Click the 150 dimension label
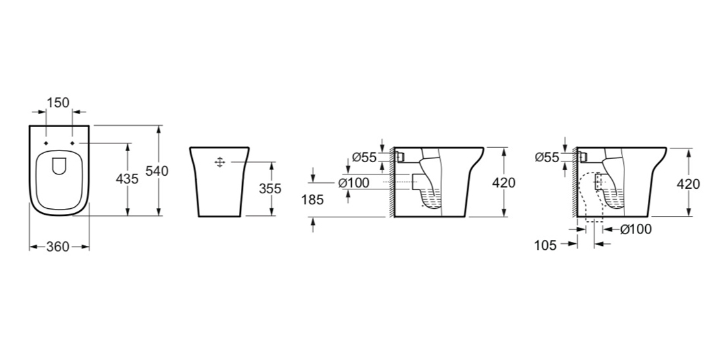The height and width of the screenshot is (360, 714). point(58,103)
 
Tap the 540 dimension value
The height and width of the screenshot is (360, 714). point(156,171)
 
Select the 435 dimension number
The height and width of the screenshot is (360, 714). point(127,179)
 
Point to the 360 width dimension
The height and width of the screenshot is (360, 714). point(58,246)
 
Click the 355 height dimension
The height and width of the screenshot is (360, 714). point(270,188)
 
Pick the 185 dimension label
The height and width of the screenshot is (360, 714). point(312,199)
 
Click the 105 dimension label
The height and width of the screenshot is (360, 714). point(545,245)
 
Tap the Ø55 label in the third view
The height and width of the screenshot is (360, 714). point(364,158)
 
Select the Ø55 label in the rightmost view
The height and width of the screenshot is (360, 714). point(547,158)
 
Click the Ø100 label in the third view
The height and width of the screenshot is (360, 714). point(354,184)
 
